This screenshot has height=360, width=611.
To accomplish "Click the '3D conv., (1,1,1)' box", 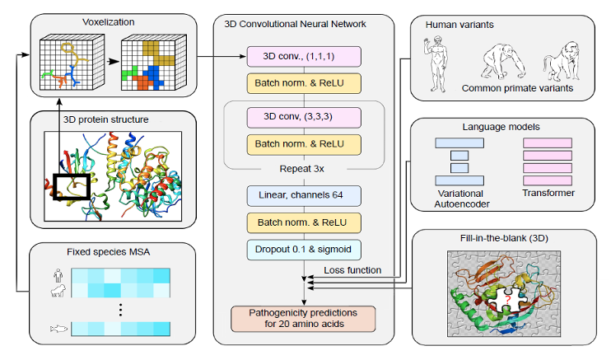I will [x=302, y=57].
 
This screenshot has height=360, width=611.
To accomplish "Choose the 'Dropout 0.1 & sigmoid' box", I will [x=302, y=248].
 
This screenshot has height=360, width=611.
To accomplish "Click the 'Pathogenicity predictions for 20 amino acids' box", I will [x=302, y=319].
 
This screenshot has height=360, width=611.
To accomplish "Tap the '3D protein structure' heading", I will [x=104, y=120].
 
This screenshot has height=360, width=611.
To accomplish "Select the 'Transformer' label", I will [x=547, y=194].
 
